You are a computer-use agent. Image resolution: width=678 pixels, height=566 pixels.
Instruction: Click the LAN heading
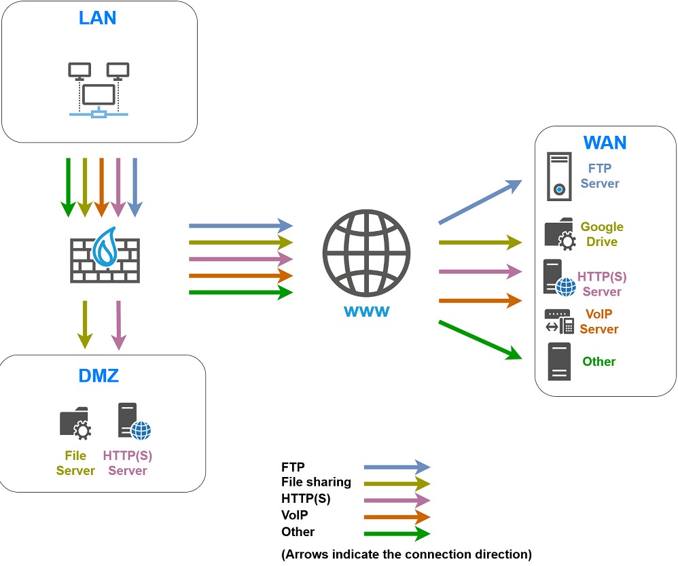tap(98, 17)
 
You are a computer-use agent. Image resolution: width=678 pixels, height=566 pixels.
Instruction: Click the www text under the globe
tap(366, 312)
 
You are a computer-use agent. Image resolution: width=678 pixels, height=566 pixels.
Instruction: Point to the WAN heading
tap(605, 143)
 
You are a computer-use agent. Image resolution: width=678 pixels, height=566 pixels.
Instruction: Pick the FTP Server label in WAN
tap(600, 175)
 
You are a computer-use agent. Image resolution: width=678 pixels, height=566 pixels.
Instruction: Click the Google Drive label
tap(601, 234)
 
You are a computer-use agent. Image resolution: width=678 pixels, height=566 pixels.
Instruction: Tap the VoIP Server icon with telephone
tap(559, 321)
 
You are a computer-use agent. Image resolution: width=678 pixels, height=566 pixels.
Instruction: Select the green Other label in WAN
tap(599, 361)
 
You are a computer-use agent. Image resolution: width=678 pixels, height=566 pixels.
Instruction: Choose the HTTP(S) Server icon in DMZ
tap(133, 422)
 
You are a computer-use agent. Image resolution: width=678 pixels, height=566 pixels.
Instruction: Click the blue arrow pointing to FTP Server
tap(480, 202)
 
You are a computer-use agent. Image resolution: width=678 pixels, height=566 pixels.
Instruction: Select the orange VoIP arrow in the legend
tap(397, 516)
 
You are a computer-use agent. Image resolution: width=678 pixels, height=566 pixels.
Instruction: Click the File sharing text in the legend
tap(316, 482)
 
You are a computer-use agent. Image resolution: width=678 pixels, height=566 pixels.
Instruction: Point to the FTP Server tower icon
tap(559, 176)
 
